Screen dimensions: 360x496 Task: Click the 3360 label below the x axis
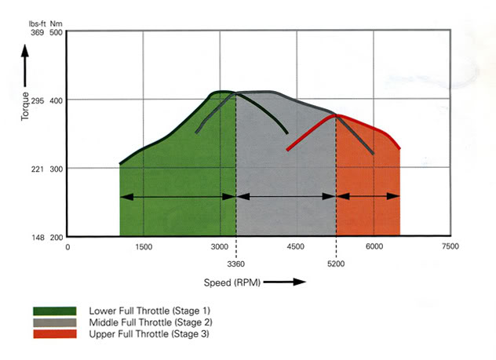click(236, 264)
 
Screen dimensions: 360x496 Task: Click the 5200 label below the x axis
click(336, 264)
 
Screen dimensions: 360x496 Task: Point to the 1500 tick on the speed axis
click(144, 247)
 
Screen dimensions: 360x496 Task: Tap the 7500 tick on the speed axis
click(450, 247)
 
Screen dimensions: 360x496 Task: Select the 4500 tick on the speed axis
click(297, 247)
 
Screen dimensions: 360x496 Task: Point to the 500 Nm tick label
click(57, 33)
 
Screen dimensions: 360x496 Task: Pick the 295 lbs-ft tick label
click(36, 100)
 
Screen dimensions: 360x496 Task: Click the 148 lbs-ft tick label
click(36, 237)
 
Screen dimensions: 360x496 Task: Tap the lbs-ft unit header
click(35, 23)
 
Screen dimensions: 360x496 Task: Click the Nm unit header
click(57, 23)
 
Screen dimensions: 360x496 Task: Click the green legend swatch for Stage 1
click(54, 311)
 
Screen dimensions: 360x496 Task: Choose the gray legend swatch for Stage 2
click(54, 322)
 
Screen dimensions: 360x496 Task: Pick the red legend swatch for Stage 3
click(54, 334)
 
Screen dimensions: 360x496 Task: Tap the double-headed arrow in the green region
click(177, 196)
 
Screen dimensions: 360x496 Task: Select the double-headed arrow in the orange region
click(368, 196)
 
